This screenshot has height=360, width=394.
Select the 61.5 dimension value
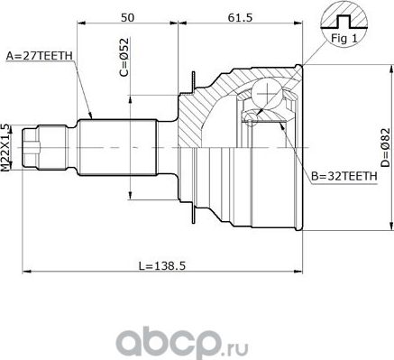(240, 17)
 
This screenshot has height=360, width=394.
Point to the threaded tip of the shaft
(32, 144)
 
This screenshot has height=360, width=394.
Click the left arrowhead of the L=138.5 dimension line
(25, 269)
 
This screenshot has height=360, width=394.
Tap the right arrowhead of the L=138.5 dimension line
(307, 269)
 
